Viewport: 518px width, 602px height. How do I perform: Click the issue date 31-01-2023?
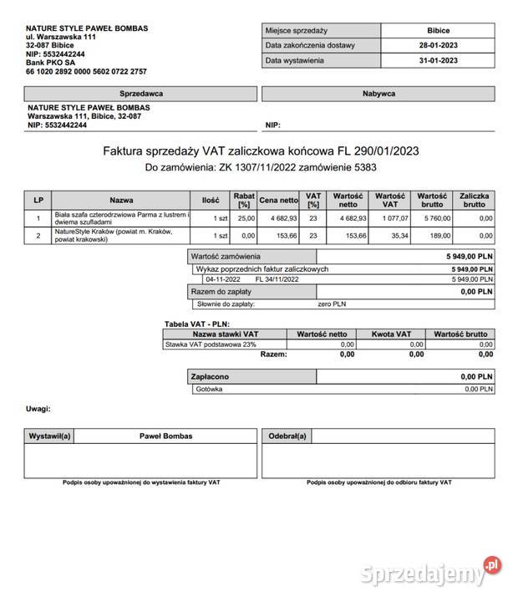[x=438, y=61]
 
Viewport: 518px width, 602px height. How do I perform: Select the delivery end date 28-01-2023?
[x=438, y=45]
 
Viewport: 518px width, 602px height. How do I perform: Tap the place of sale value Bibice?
[x=438, y=30]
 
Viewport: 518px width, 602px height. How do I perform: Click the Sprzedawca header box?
[x=141, y=94]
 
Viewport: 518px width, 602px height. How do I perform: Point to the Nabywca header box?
[x=378, y=94]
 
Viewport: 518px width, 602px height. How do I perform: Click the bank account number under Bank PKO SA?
[x=87, y=72]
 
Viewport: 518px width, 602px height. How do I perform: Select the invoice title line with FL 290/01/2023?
[x=261, y=151]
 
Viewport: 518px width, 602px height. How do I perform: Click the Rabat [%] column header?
[x=244, y=200]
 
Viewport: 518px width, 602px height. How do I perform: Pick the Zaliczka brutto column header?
[x=474, y=200]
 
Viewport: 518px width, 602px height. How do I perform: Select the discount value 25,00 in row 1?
[x=244, y=218]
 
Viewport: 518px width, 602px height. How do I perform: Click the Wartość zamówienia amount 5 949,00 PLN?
[x=469, y=256]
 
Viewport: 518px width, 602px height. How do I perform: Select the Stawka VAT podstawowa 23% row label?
[x=211, y=344]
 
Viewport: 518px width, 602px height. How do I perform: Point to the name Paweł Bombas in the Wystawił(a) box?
[x=165, y=436]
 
